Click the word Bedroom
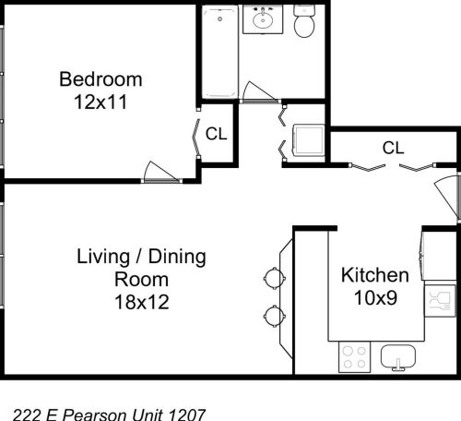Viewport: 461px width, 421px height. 101,78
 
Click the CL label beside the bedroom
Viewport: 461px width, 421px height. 216,133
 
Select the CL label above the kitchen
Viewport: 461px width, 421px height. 394,147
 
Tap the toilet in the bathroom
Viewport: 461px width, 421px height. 304,22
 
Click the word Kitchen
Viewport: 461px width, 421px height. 375,275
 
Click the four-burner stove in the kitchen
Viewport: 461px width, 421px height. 354,356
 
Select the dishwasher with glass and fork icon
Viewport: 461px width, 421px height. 436,299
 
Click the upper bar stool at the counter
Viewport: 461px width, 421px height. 275,276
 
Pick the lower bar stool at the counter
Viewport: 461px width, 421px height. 275,316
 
